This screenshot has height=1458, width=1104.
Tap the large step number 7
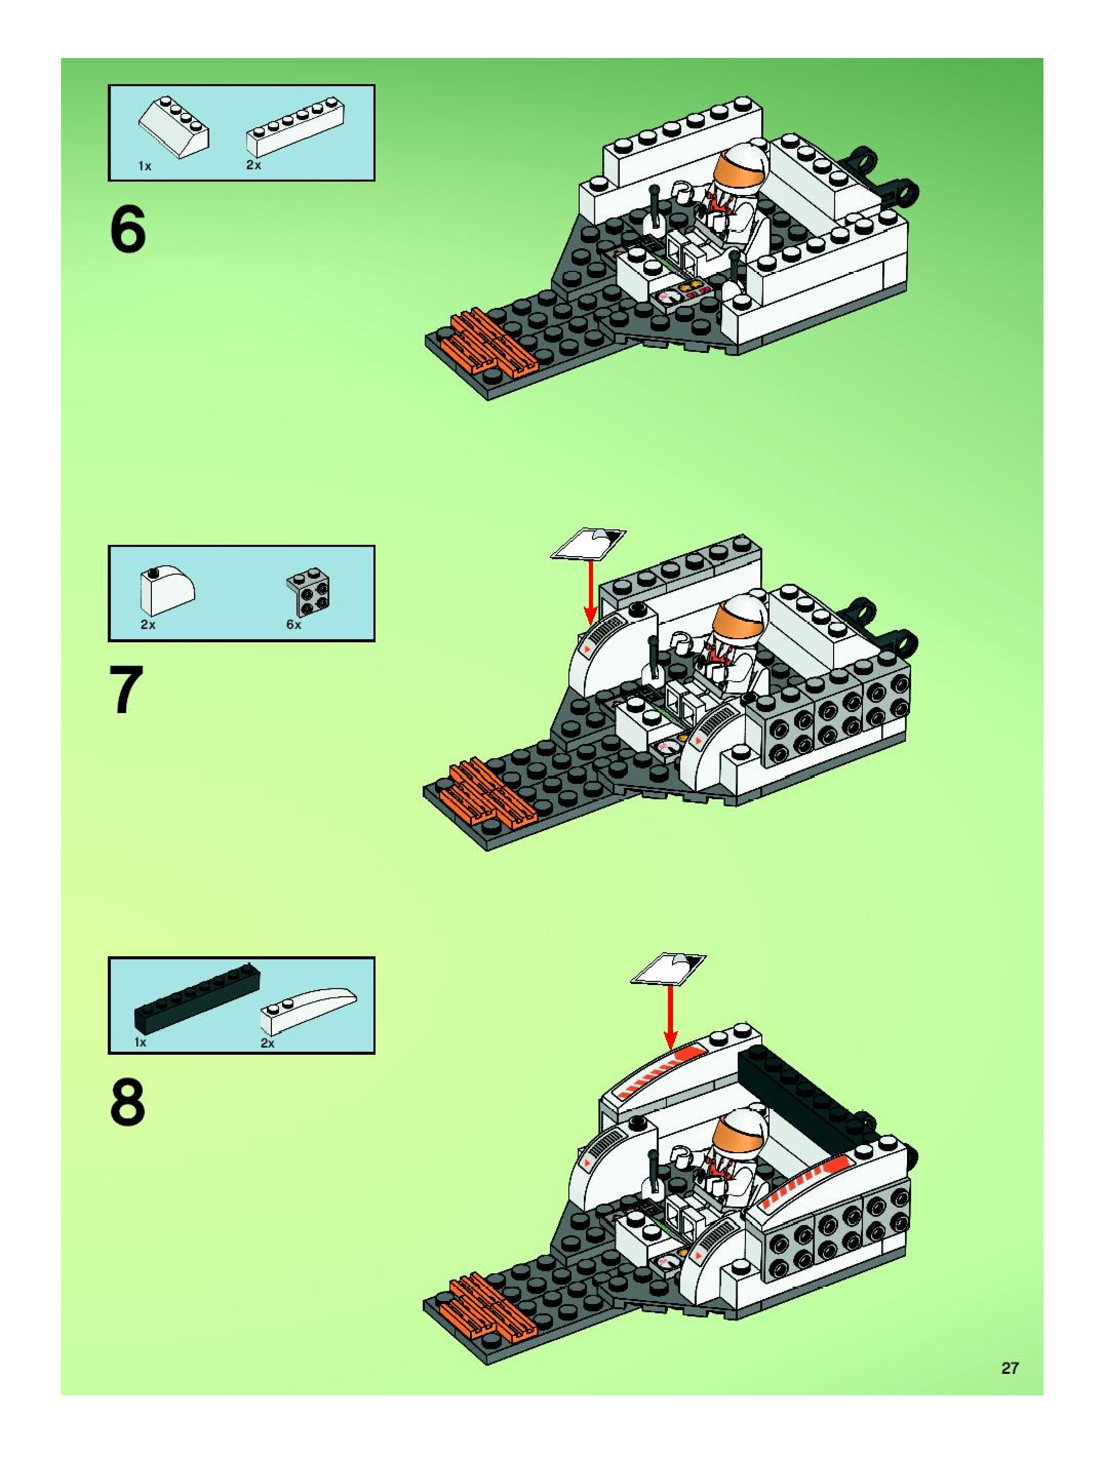(127, 690)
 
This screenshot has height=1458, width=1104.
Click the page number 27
(1010, 1363)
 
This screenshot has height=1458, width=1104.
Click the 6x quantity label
(293, 625)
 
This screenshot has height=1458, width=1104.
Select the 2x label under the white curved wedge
(267, 1043)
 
